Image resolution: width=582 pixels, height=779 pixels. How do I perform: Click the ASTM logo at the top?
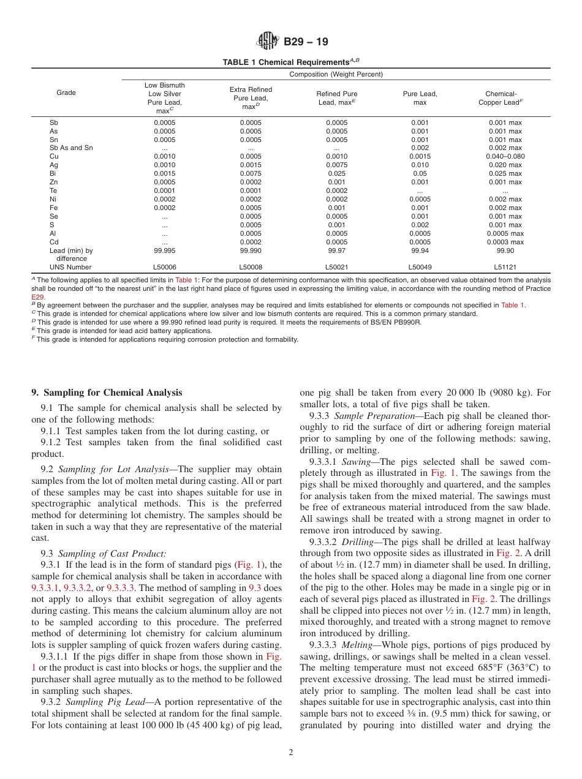click(x=268, y=42)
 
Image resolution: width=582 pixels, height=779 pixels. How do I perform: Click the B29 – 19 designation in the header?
click(x=306, y=42)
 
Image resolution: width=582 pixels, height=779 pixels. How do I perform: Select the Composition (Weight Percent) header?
click(x=336, y=75)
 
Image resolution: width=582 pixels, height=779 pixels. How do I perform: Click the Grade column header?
click(x=66, y=93)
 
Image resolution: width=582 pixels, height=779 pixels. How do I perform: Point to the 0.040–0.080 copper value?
click(x=505, y=156)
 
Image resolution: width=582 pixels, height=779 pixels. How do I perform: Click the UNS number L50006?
click(x=164, y=267)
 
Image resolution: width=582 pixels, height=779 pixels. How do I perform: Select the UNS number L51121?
click(x=505, y=267)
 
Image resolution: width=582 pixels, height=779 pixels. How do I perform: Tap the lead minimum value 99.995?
click(x=164, y=250)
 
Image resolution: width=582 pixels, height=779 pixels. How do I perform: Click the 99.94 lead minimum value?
click(x=420, y=250)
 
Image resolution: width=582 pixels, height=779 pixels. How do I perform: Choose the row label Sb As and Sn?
click(x=72, y=148)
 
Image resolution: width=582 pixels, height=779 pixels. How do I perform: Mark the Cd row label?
click(x=53, y=242)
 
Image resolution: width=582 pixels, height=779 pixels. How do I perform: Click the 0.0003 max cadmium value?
click(x=505, y=242)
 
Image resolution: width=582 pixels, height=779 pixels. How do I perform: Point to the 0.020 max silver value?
click(x=505, y=165)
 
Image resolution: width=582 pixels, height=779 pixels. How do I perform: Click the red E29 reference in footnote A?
click(x=37, y=296)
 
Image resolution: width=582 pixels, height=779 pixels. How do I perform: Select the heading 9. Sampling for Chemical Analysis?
click(x=107, y=393)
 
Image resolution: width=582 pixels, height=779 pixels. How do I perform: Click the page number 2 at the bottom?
click(x=291, y=753)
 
